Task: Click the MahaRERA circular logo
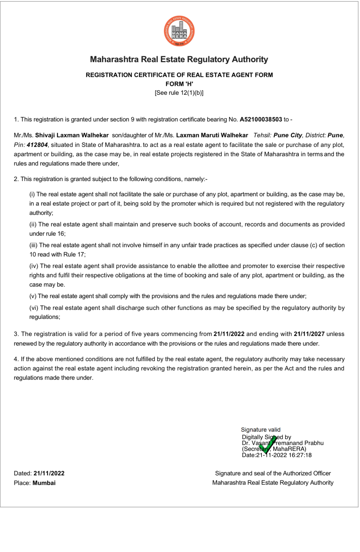[180, 32]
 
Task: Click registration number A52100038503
[261, 120]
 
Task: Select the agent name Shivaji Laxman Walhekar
[72, 135]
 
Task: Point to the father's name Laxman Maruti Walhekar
[212, 135]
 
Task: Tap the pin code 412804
[37, 145]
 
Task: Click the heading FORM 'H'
[179, 84]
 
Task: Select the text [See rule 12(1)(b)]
[179, 93]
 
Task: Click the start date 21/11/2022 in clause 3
[229, 334]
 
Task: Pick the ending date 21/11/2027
[309, 334]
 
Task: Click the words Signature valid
[261, 430]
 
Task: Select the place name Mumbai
[44, 483]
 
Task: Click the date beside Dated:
[49, 473]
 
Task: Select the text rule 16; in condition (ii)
[56, 234]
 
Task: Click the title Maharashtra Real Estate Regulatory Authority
[179, 59]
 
